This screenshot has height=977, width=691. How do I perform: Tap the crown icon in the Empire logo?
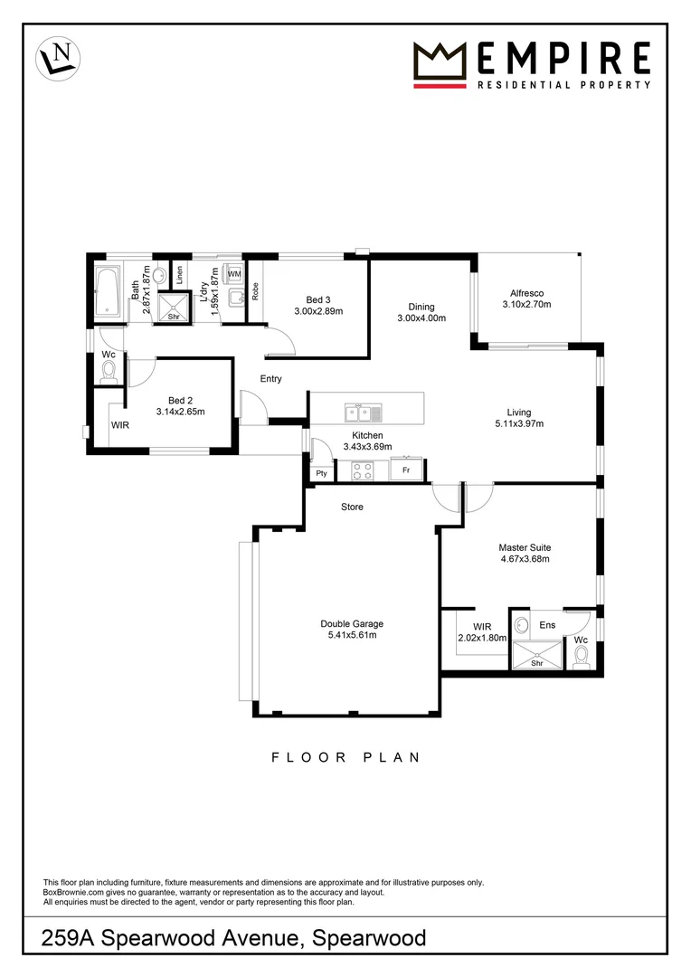pyautogui.click(x=440, y=62)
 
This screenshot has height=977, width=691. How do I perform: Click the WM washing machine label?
pyautogui.click(x=233, y=273)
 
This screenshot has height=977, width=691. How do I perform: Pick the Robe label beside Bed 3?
pyautogui.click(x=256, y=291)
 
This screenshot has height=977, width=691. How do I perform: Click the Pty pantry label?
pyautogui.click(x=320, y=473)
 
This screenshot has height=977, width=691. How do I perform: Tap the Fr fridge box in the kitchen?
pyautogui.click(x=407, y=470)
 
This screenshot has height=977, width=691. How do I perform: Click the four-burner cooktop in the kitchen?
pyautogui.click(x=363, y=470)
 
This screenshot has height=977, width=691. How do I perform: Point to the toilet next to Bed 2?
pyautogui.click(x=109, y=370)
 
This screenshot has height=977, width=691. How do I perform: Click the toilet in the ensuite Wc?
pyautogui.click(x=582, y=654)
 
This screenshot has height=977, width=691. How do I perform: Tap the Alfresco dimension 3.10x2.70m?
pyautogui.click(x=526, y=305)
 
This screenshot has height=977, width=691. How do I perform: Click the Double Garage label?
pyautogui.click(x=352, y=623)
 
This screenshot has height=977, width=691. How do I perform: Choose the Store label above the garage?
pyautogui.click(x=352, y=507)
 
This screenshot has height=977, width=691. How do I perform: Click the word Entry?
pyautogui.click(x=270, y=379)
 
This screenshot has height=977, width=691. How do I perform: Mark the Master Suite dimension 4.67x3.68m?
pyautogui.click(x=525, y=559)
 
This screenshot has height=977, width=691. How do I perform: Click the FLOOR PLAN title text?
pyautogui.click(x=345, y=757)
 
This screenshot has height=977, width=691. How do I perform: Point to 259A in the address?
pyautogui.click(x=69, y=939)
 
